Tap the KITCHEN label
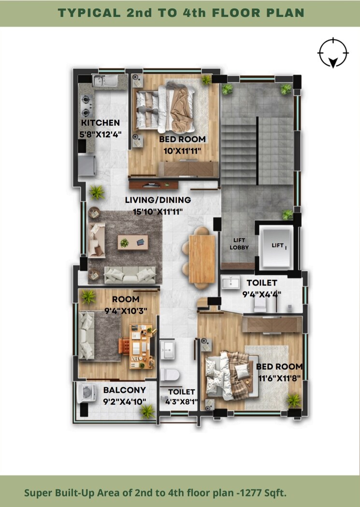101,123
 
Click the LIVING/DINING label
158,200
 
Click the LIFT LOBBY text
240,244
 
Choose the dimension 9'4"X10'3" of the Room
122,310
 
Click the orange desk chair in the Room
124,347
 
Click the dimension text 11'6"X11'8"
279,378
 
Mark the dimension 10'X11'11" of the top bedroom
183,151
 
